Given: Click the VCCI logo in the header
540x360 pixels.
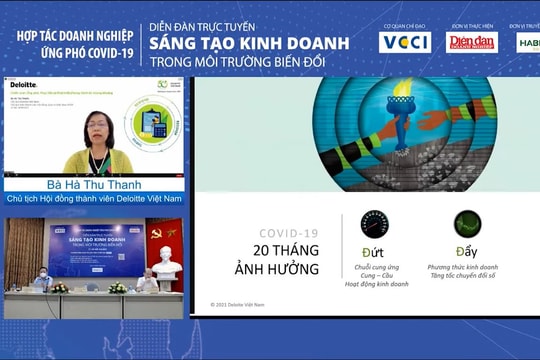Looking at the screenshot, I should pos(405,42).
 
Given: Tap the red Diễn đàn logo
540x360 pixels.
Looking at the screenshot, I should pos(471,42).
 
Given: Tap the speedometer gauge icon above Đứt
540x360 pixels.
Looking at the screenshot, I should pos(375,224).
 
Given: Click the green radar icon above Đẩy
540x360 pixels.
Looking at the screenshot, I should pos(468,224).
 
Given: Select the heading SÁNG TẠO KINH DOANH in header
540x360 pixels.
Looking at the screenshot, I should pos(249,43).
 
